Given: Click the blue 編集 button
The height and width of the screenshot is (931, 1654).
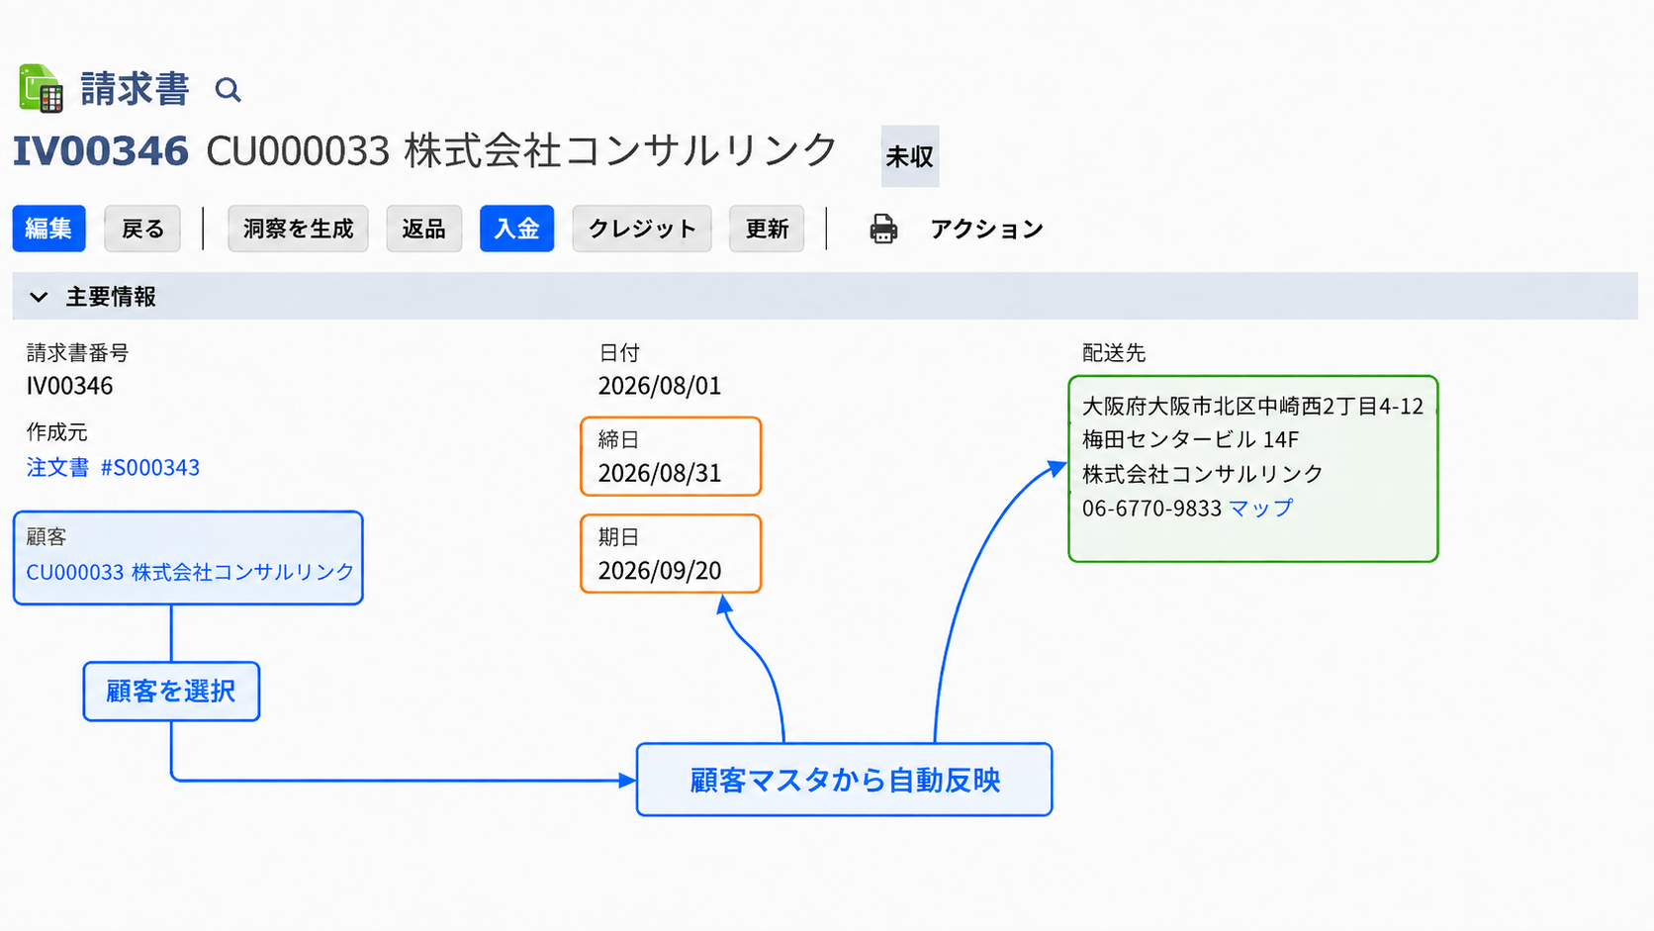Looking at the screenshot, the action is pyautogui.click(x=48, y=229).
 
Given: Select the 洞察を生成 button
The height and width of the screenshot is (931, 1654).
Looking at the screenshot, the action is pyautogui.click(x=298, y=229).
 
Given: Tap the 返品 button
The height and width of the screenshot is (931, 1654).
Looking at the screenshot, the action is pyautogui.click(x=423, y=229).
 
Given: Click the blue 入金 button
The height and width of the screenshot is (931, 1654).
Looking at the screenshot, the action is pyautogui.click(x=516, y=229).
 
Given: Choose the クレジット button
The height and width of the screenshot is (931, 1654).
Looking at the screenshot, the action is pyautogui.click(x=642, y=229).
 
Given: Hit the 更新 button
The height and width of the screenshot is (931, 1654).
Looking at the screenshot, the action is pyautogui.click(x=767, y=229).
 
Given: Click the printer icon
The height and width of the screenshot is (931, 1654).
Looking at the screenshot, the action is pyautogui.click(x=883, y=229).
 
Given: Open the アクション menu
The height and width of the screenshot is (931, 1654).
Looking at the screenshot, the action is pyautogui.click(x=986, y=229).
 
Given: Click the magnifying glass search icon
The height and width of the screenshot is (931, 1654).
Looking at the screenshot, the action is pyautogui.click(x=229, y=90).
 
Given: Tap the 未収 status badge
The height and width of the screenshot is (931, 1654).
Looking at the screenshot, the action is pyautogui.click(x=910, y=155).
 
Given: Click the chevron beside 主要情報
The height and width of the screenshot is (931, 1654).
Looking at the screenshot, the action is pyautogui.click(x=39, y=297).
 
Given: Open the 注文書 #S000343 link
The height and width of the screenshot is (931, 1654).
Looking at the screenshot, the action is pyautogui.click(x=113, y=467).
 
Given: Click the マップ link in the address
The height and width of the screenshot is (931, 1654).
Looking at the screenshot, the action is pyautogui.click(x=1260, y=508).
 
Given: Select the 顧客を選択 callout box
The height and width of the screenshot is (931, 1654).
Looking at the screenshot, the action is pyautogui.click(x=171, y=691).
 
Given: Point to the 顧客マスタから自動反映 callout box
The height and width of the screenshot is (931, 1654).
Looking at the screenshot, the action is pyautogui.click(x=844, y=780).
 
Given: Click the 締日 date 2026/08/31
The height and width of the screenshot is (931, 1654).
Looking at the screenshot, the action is pyautogui.click(x=660, y=473).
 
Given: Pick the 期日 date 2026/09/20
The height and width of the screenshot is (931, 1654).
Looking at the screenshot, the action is pyautogui.click(x=660, y=571).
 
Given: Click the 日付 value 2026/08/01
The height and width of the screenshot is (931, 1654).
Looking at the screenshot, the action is pyautogui.click(x=660, y=386).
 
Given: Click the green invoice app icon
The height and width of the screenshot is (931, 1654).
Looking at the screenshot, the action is pyautogui.click(x=42, y=89).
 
